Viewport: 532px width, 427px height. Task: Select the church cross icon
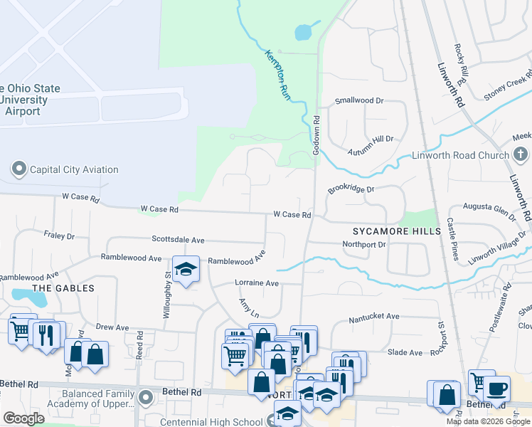click(521, 154)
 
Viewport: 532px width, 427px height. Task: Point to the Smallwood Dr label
click(359, 101)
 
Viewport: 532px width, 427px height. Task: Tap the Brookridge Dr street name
click(351, 190)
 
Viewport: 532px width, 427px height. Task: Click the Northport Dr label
click(363, 244)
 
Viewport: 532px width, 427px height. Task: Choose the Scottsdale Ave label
click(178, 240)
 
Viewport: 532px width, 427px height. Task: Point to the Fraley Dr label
click(59, 235)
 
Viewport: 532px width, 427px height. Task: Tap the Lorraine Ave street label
click(257, 283)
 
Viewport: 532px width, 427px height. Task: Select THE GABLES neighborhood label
click(63, 288)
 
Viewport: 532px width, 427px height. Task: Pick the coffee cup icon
click(497, 389)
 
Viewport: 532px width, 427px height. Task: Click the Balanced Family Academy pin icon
click(146, 397)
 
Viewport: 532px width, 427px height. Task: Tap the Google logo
click(23, 418)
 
